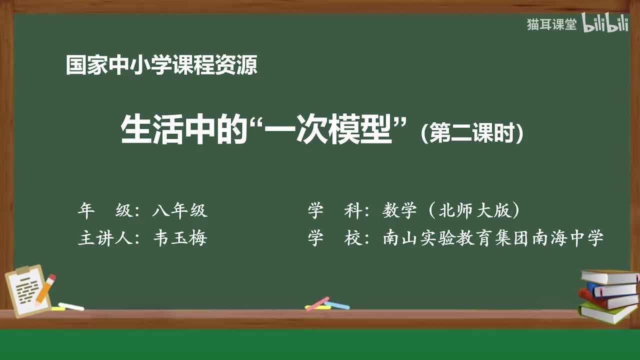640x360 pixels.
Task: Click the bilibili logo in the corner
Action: click(x=605, y=24)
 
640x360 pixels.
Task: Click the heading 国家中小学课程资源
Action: click(x=161, y=65)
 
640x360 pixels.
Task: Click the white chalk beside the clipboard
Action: click(x=71, y=306)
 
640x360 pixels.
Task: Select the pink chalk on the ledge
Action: click(x=317, y=303)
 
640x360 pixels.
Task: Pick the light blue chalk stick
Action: click(x=337, y=305)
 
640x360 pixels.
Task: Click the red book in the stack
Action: click(x=607, y=300)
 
